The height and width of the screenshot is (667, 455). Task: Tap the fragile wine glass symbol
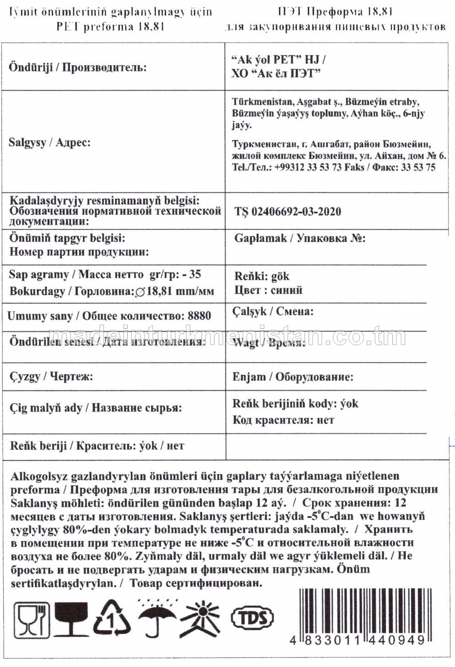[x=71, y=619]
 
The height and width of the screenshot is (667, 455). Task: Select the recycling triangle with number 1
[x=112, y=619]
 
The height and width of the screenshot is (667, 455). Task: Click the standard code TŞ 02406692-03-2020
[x=288, y=211]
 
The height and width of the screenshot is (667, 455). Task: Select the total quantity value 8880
[x=199, y=316]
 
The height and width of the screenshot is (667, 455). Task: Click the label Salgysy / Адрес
[x=49, y=142]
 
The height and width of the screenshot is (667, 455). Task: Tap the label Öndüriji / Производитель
[x=78, y=68]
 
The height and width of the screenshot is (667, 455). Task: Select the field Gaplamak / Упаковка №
[x=300, y=239]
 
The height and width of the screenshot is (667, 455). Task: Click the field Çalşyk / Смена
[x=273, y=312]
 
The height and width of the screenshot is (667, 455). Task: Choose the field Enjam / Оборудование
[x=293, y=377]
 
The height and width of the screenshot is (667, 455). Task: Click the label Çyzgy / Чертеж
[x=51, y=377]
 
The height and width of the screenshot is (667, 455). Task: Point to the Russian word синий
[x=287, y=290]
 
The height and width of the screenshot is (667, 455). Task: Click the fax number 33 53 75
[x=418, y=168]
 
